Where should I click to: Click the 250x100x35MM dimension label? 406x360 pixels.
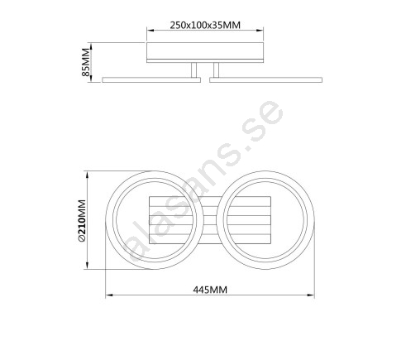(x=205, y=25)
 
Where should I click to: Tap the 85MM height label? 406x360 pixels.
(x=86, y=62)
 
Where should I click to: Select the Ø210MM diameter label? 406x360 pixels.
(x=82, y=221)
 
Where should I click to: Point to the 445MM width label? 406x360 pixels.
(x=210, y=290)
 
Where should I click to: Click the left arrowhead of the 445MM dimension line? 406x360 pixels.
(x=109, y=295)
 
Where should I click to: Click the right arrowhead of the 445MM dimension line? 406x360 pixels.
(x=311, y=295)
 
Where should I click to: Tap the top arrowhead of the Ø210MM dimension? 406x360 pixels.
(x=88, y=175)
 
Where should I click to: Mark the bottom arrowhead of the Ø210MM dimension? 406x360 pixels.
(x=88, y=266)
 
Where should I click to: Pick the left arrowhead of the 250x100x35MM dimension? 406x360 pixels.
(x=150, y=31)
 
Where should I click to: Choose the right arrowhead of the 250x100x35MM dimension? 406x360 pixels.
(x=260, y=31)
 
